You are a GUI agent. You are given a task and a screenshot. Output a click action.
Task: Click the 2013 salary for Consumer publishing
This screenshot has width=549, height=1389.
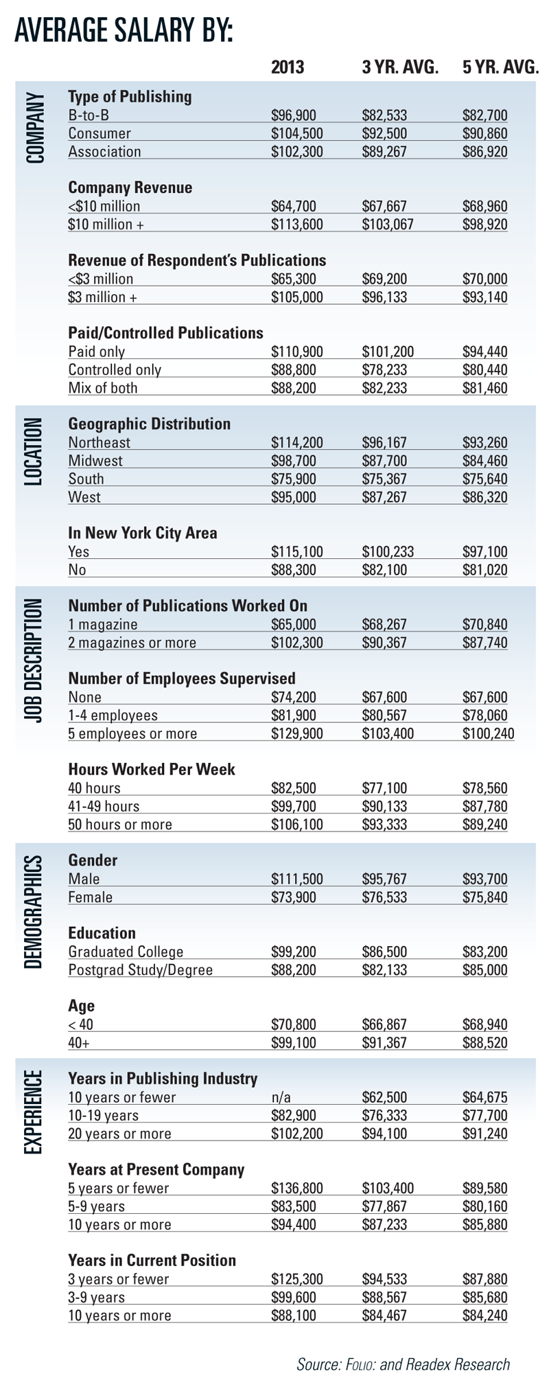[297, 133]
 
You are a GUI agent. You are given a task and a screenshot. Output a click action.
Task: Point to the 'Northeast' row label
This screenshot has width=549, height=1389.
[99, 443]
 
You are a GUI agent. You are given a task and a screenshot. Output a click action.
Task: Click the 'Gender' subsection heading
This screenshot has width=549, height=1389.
[93, 860]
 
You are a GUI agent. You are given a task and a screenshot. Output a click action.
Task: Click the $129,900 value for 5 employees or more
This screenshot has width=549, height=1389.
[297, 733]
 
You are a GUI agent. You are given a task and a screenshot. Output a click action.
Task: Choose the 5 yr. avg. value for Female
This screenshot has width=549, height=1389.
[485, 897]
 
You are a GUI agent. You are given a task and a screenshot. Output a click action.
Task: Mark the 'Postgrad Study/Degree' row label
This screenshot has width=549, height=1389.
[140, 969]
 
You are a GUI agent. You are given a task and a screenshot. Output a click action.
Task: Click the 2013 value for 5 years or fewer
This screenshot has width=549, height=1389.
[297, 1188]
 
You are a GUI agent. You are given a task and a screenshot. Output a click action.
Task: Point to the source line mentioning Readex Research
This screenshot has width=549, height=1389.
[403, 1364]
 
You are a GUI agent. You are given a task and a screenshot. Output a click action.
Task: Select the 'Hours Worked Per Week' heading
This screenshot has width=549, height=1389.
[152, 769]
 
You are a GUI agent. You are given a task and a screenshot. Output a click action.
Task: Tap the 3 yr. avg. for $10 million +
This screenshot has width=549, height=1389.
[388, 224]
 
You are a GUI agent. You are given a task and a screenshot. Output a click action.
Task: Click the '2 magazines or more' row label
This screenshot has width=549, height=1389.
[132, 643]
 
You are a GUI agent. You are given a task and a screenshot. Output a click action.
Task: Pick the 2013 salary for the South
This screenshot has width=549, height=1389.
[294, 479]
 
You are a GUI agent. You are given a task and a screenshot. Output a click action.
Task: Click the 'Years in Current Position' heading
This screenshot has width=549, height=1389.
[152, 1260]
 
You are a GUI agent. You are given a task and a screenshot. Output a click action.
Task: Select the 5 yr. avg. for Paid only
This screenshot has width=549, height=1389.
[485, 352]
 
